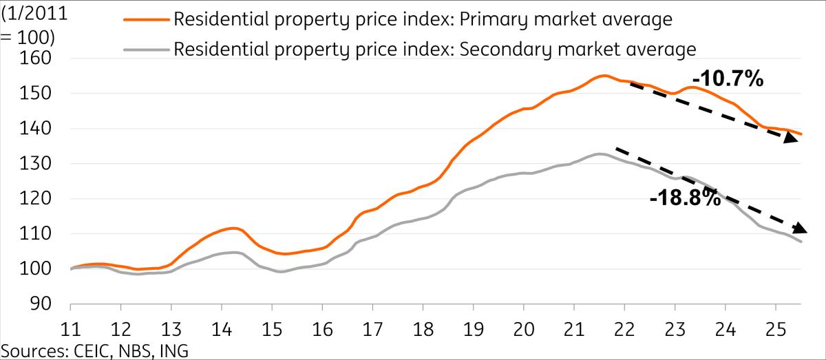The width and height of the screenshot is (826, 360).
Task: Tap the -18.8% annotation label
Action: tap(686, 199)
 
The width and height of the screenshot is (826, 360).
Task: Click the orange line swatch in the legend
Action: tap(145, 20)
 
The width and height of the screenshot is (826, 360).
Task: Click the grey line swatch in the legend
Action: tap(145, 50)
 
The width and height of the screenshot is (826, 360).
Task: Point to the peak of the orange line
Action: tap(604, 76)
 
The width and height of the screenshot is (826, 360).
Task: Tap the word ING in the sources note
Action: tap(172, 350)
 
